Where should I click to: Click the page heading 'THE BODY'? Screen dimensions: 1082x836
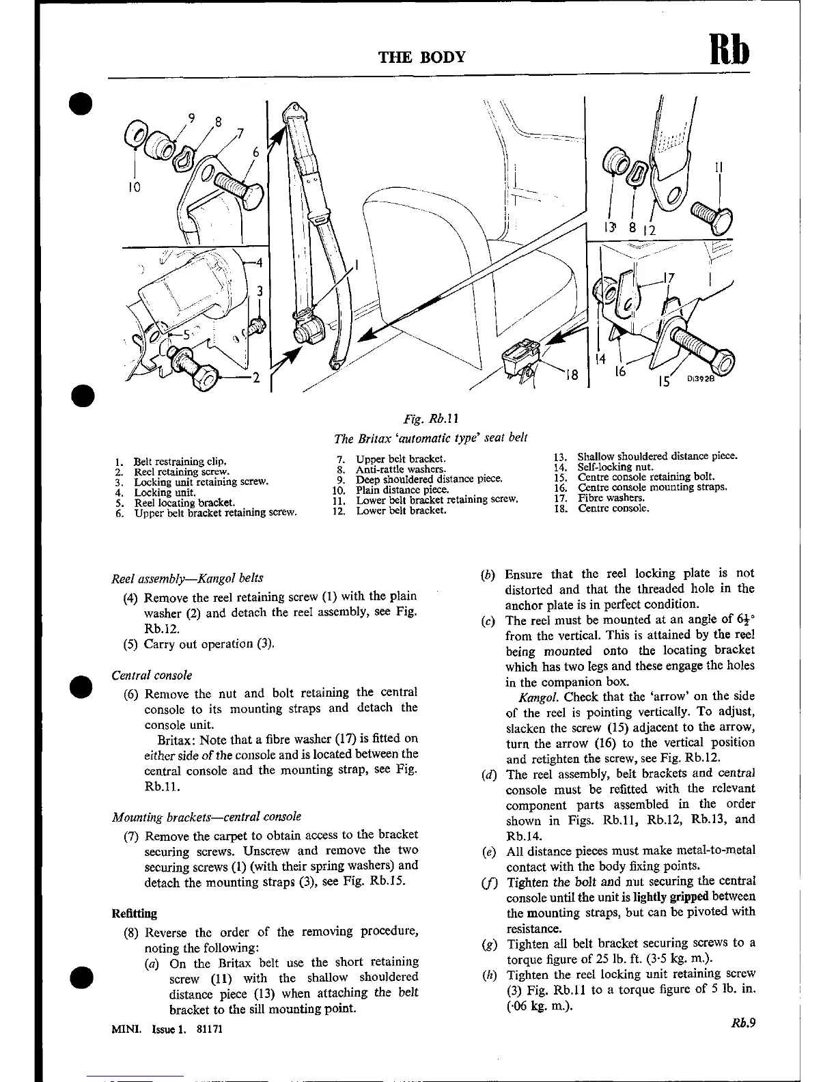[x=422, y=57]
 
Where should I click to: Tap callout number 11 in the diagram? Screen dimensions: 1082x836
[x=719, y=167]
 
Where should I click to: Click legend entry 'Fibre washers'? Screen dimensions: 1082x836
[x=611, y=498]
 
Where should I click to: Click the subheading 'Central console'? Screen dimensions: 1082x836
[x=152, y=676]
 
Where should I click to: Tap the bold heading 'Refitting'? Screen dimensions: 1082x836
[x=134, y=913]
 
